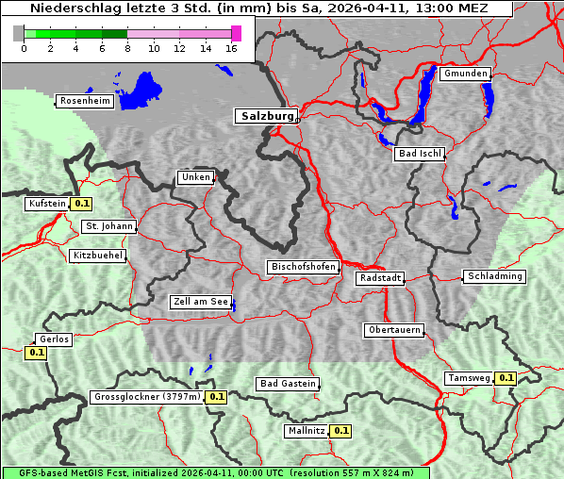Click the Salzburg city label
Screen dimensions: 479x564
click(x=265, y=116)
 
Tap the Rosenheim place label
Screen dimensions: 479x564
click(x=85, y=101)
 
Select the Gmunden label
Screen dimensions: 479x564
click(x=466, y=74)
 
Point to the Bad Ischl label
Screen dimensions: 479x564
click(x=420, y=154)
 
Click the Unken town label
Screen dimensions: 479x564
click(x=195, y=177)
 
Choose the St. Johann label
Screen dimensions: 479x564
click(x=108, y=226)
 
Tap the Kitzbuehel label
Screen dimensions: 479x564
click(x=98, y=256)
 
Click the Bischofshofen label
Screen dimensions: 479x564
click(x=303, y=268)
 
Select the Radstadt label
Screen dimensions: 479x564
click(x=380, y=278)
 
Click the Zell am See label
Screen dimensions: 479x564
click(x=201, y=303)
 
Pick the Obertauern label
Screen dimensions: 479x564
click(x=393, y=330)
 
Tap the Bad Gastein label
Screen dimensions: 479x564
click(x=288, y=384)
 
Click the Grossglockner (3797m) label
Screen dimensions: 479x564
click(x=147, y=397)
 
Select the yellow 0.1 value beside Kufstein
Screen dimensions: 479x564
click(x=82, y=203)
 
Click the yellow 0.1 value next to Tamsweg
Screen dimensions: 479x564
click(x=506, y=378)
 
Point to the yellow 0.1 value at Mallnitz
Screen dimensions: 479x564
click(x=340, y=431)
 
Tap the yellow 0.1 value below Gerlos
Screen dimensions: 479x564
click(x=36, y=354)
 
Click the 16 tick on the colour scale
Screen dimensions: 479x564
click(x=232, y=47)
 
